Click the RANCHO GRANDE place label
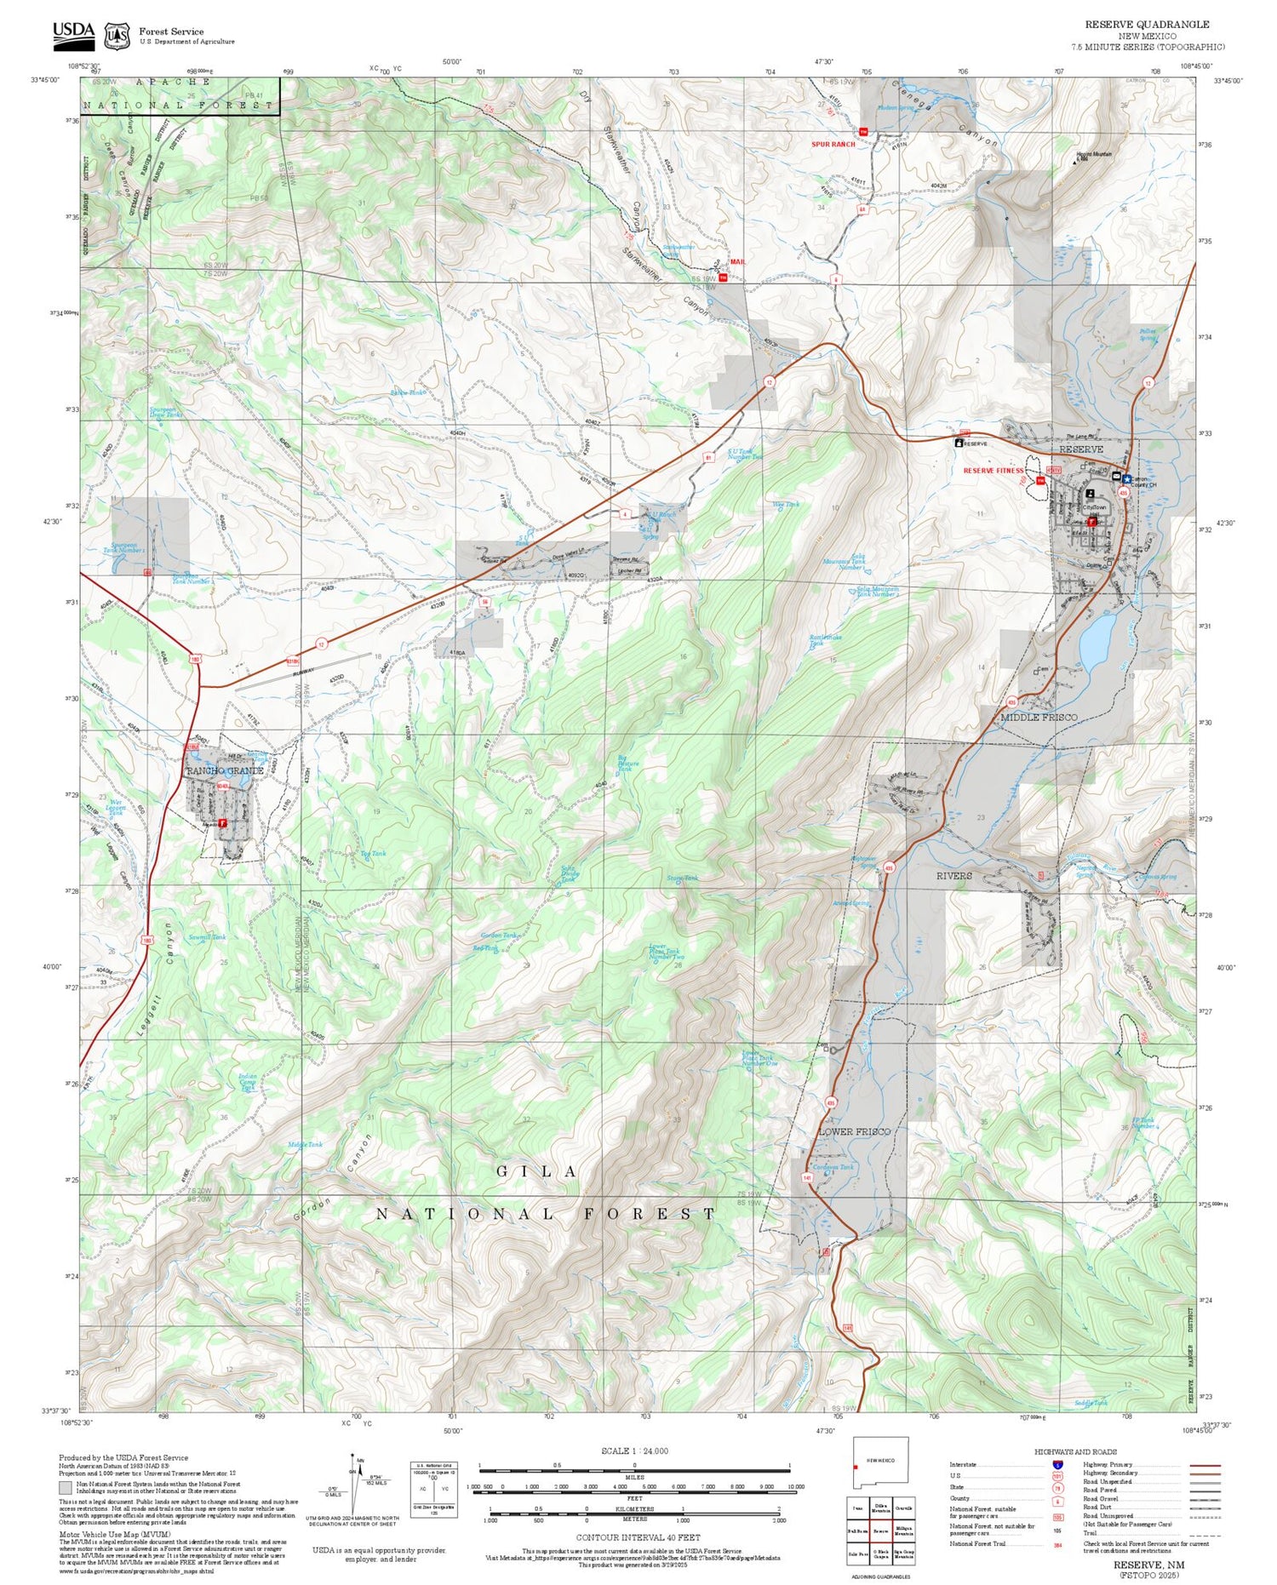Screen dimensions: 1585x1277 [225, 770]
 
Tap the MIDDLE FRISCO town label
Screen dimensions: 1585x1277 [1038, 718]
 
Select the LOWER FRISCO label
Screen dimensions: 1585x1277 [854, 1131]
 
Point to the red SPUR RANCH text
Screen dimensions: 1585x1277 [833, 145]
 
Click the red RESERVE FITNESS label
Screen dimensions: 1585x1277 [993, 471]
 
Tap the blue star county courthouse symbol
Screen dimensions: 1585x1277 [1126, 479]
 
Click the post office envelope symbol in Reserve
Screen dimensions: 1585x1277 [1116, 477]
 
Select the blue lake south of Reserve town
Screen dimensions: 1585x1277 [1097, 640]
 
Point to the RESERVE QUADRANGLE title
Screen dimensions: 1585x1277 [1146, 24]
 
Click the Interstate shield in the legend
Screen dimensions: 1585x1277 [1057, 1464]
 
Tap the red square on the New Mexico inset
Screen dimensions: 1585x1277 [855, 1467]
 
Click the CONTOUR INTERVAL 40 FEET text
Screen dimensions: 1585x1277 [638, 1537]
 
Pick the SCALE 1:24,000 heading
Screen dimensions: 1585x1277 [634, 1451]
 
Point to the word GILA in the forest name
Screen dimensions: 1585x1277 [537, 1171]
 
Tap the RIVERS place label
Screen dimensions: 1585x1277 [953, 875]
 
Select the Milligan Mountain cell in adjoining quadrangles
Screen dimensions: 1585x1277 [903, 1531]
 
